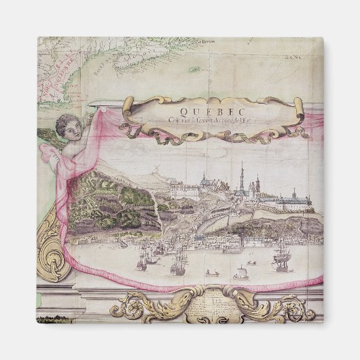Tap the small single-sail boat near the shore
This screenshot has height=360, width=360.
click(239, 274)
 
